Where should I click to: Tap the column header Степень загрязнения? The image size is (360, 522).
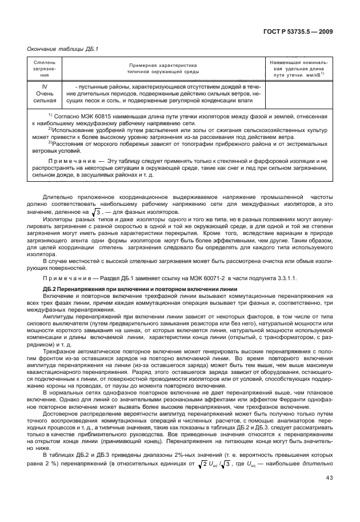44,67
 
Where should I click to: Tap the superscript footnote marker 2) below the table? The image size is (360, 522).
50,129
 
